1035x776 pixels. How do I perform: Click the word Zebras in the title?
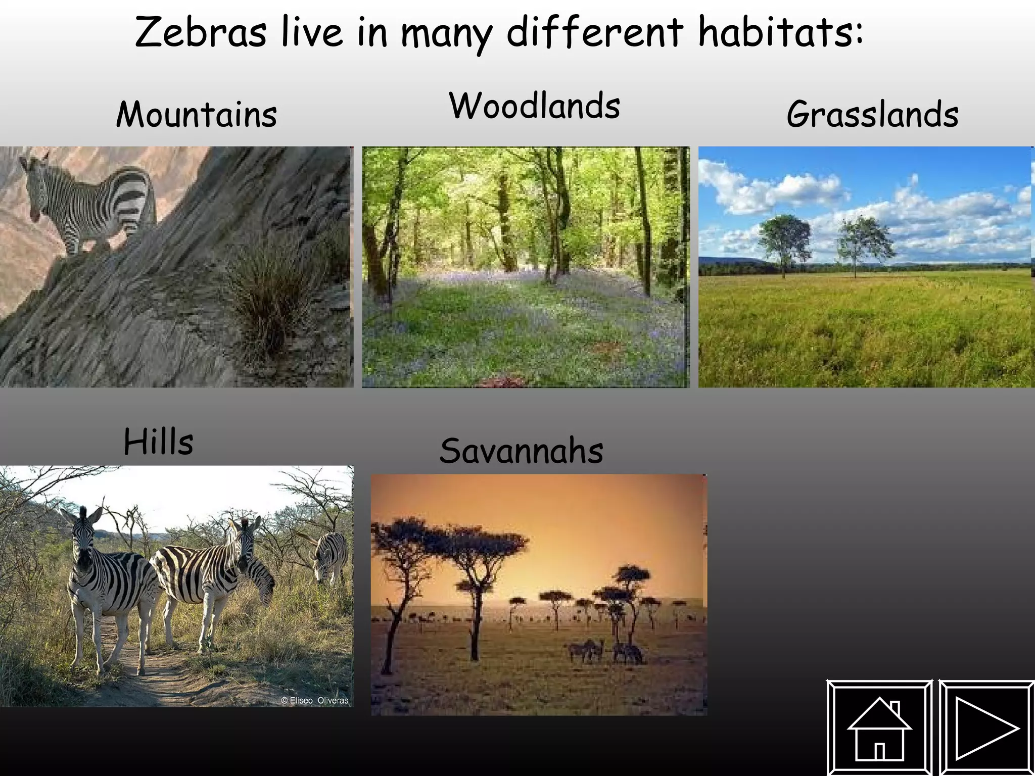click(x=201, y=33)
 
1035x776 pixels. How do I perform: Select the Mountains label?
click(x=197, y=114)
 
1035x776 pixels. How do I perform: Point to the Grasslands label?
click(x=872, y=114)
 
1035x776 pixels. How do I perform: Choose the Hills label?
click(x=158, y=442)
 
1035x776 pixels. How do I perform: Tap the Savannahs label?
click(x=521, y=451)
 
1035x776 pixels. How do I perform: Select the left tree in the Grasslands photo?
click(x=784, y=240)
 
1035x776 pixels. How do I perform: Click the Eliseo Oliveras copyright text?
click(x=314, y=700)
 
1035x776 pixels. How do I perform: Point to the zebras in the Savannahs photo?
click(x=604, y=652)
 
